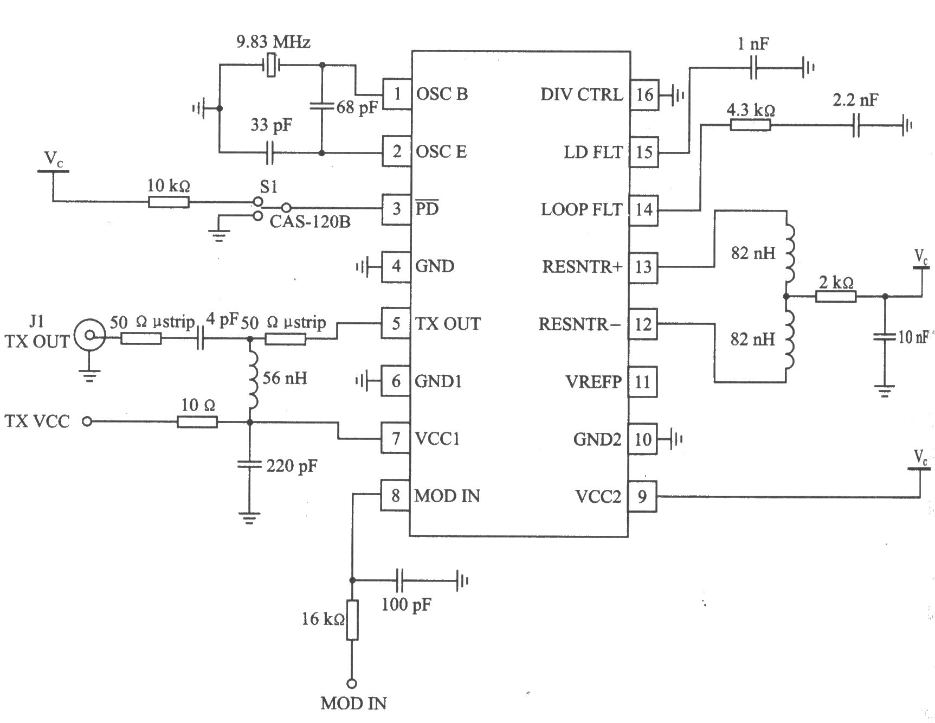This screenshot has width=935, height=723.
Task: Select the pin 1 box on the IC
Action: coord(397,94)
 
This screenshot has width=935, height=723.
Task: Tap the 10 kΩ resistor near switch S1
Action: coord(169,202)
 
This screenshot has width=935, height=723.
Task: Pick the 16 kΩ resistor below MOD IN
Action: coord(352,620)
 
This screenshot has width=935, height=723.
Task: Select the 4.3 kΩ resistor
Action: coord(751,125)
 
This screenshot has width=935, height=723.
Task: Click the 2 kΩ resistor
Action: coord(835,296)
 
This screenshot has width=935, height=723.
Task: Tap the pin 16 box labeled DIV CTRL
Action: coord(644,95)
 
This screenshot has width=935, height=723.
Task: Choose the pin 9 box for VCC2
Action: coord(642,496)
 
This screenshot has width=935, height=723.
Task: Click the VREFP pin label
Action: coord(593,382)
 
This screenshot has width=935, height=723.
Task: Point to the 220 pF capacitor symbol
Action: coord(250,464)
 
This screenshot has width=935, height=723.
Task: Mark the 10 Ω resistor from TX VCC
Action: coord(197,421)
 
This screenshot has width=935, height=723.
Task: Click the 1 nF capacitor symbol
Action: coord(753,68)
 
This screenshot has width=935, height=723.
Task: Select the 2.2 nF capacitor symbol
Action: coord(855,125)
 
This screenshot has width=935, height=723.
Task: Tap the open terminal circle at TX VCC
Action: coord(87,421)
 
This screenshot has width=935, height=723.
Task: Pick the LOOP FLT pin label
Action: coord(581,209)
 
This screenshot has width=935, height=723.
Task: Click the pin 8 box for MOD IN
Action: coord(395,495)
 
